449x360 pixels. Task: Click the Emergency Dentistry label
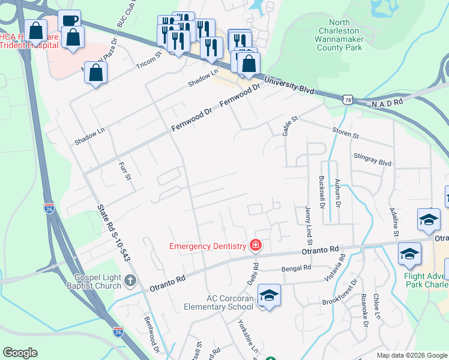[x=208, y=246]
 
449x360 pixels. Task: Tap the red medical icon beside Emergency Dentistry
[x=256, y=245]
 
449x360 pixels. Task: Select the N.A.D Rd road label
[x=387, y=104]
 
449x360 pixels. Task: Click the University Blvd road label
[x=289, y=85]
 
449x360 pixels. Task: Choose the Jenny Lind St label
[x=308, y=222]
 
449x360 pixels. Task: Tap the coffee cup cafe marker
[x=70, y=20]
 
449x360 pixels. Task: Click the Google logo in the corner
[x=20, y=353]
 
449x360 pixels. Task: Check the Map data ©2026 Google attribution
[x=412, y=355]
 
